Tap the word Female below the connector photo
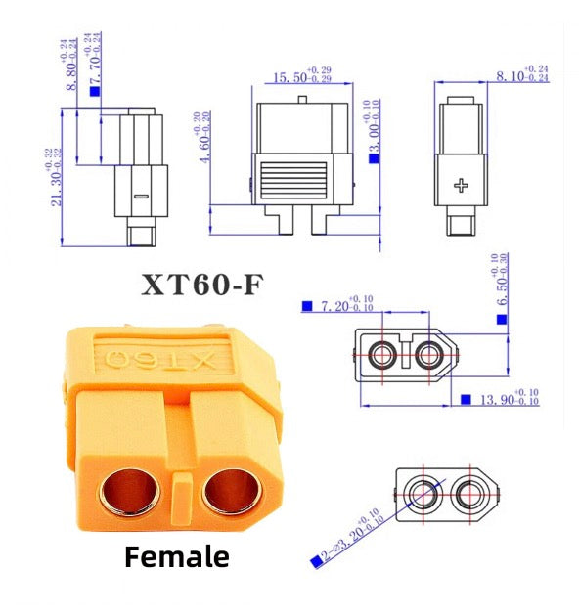(177, 557)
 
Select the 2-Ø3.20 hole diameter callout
(348, 537)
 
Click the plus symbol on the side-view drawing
(463, 185)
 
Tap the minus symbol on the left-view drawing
(140, 197)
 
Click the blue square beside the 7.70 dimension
(95, 91)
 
